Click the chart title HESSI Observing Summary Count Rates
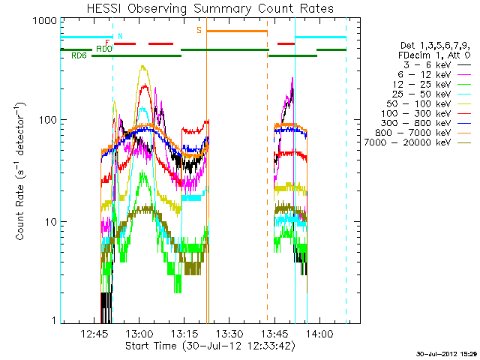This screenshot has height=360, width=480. point(203,8)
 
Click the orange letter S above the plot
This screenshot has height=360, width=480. point(199,30)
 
